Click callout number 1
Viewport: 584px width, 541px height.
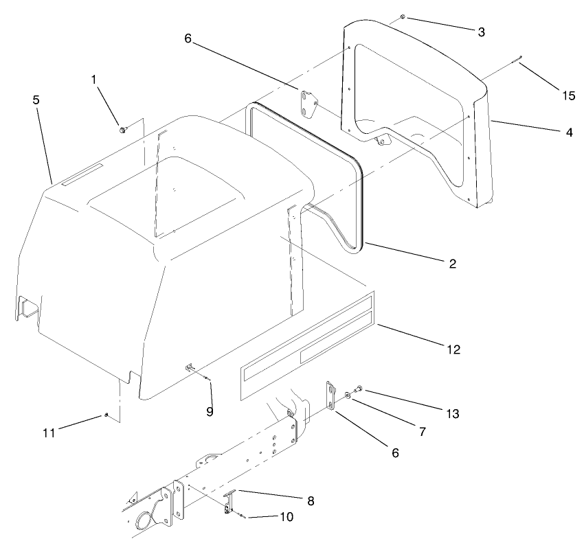click(x=95, y=80)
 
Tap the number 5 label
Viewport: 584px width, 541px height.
click(x=36, y=100)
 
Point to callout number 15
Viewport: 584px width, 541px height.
click(x=568, y=95)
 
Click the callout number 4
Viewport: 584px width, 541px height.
click(x=569, y=132)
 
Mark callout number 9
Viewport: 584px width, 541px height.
click(x=210, y=411)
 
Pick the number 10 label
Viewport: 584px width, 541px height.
click(x=286, y=516)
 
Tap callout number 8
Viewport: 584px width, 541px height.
click(x=311, y=501)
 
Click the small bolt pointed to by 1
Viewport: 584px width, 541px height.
click(x=122, y=128)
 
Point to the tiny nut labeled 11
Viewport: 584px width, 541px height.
click(x=108, y=415)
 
